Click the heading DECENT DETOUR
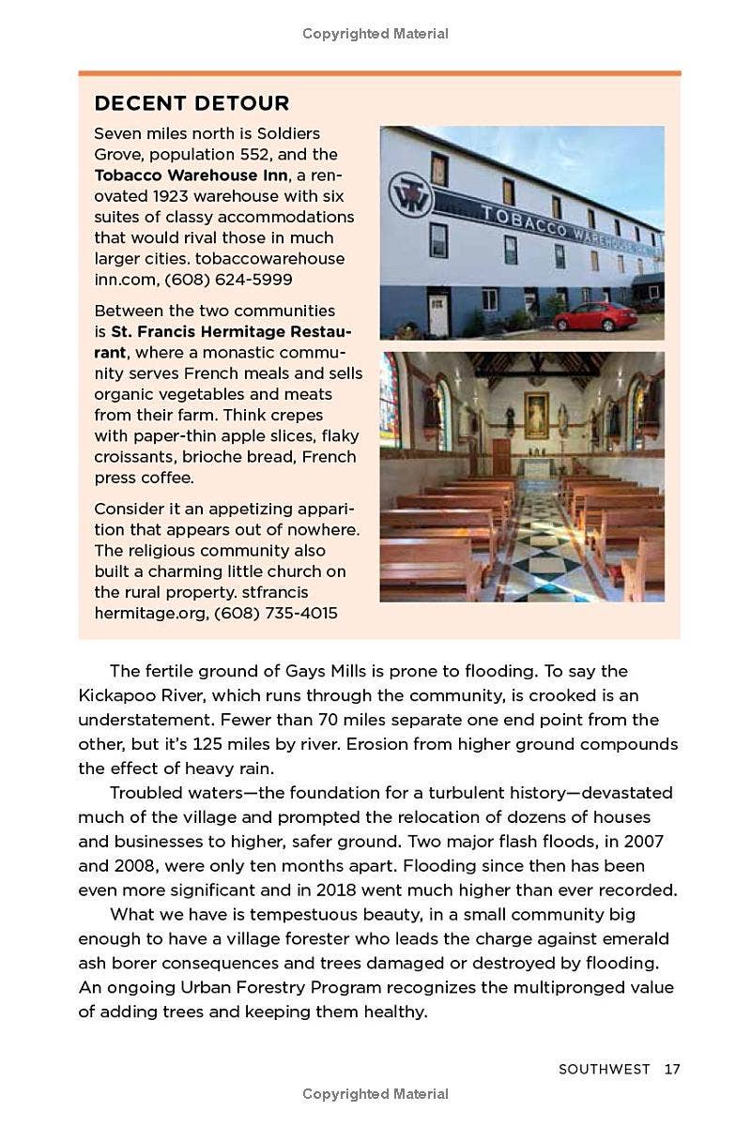(x=192, y=103)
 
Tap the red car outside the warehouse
(x=595, y=317)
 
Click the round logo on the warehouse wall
(x=410, y=196)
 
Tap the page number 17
(x=671, y=1069)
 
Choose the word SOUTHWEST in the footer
(x=604, y=1069)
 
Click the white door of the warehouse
(x=438, y=314)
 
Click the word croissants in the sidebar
(x=137, y=457)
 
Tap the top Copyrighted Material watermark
(x=375, y=34)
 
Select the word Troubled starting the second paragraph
(x=145, y=793)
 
